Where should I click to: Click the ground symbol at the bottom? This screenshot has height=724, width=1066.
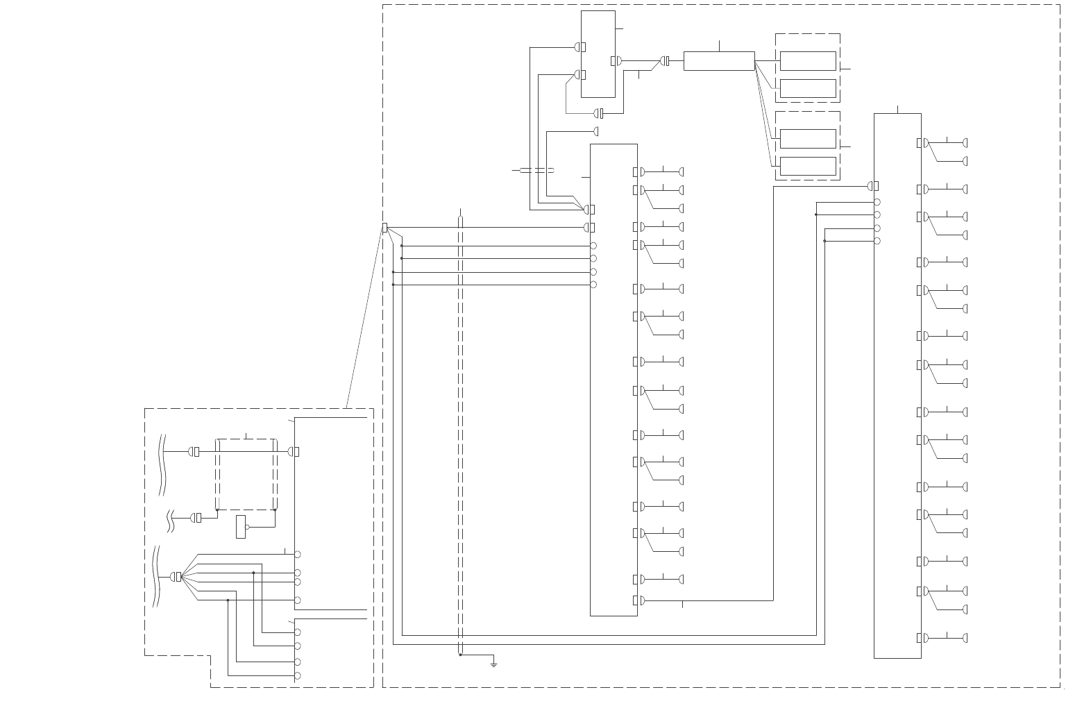(493, 664)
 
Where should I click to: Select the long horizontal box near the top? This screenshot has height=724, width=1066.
(718, 61)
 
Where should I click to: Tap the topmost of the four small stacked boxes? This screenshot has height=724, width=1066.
(807, 61)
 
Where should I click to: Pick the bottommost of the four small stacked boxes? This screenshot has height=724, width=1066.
(807, 166)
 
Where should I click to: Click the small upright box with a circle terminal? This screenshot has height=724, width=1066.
(240, 526)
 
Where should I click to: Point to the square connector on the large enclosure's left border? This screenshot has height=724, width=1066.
(384, 228)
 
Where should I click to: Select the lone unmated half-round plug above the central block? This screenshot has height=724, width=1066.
(595, 131)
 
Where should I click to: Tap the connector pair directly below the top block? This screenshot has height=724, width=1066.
(598, 113)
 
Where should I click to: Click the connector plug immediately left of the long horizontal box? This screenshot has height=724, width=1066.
(665, 61)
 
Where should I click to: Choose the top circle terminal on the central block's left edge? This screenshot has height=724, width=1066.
(593, 246)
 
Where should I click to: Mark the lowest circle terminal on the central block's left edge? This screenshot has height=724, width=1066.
(593, 285)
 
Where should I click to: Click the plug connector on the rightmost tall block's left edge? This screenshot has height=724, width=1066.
(873, 186)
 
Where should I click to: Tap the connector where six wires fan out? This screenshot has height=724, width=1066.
(176, 577)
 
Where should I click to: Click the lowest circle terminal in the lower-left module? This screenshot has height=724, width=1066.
(298, 675)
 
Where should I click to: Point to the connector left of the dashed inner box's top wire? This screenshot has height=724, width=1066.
(194, 452)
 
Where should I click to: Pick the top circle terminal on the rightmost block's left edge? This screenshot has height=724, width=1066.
(877, 202)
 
